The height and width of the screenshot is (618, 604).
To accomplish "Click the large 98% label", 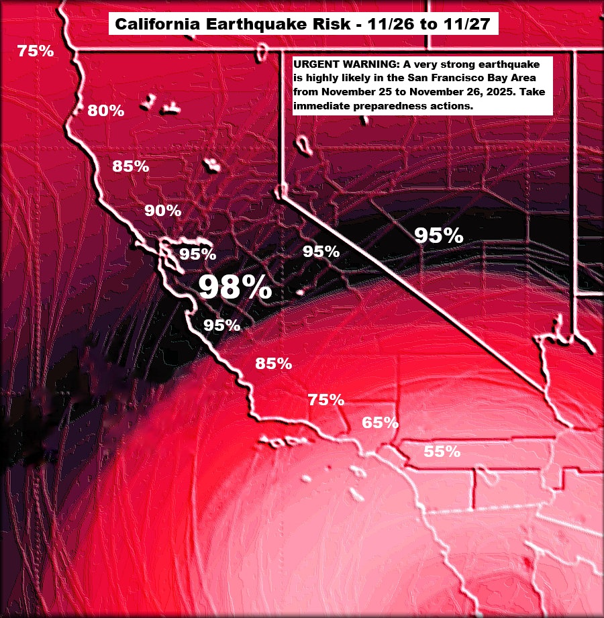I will coord(235,287).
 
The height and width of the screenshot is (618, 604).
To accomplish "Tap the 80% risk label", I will coord(105,111).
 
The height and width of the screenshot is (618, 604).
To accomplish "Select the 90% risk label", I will coord(163,210).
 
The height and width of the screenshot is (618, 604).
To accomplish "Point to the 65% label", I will coord(381,423).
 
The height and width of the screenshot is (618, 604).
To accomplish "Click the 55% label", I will coord(442,452).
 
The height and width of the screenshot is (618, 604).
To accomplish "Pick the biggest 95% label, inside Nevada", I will coord(438,236).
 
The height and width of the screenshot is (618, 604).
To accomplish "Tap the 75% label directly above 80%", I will coord(35,50).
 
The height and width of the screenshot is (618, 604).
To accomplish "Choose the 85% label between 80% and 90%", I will coord(130,166).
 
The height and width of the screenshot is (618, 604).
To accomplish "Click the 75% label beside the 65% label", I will coord(326,400).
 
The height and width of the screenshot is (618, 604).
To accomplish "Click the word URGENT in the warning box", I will coord(313,64).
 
